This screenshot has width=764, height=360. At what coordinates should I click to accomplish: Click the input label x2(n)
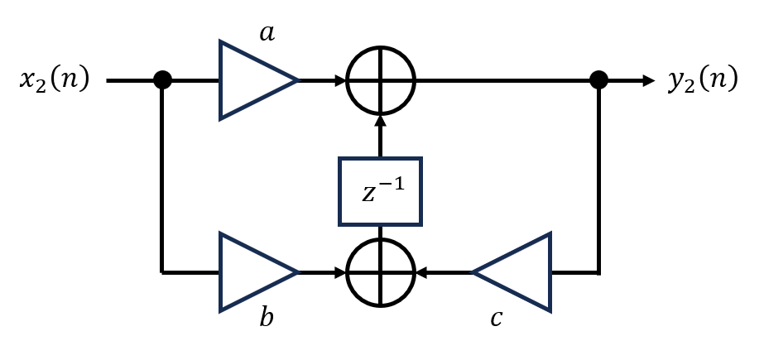click(55, 79)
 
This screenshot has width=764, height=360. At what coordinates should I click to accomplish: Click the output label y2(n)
click(703, 79)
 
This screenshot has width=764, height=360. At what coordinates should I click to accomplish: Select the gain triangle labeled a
click(258, 80)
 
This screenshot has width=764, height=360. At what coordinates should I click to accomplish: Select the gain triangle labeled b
click(258, 271)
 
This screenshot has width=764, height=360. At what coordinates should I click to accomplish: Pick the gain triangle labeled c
click(512, 272)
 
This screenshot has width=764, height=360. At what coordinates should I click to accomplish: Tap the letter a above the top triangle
click(267, 34)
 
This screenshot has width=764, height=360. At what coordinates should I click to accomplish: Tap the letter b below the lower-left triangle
click(266, 317)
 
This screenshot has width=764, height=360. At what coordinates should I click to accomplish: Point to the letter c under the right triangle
click(496, 319)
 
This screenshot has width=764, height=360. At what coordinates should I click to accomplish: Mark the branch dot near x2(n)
click(163, 80)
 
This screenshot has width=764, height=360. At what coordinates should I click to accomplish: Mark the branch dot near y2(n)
click(598, 80)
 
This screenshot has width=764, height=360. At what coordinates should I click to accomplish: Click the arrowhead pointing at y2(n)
click(649, 80)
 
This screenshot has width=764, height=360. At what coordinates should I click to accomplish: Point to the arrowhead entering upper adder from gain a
click(340, 80)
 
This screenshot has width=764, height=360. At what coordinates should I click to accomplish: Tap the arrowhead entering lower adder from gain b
click(340, 273)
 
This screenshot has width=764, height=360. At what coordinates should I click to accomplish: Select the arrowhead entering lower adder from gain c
click(421, 273)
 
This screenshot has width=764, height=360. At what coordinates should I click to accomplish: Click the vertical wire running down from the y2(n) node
click(598, 176)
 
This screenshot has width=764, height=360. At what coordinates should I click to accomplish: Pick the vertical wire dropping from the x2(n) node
click(161, 176)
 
